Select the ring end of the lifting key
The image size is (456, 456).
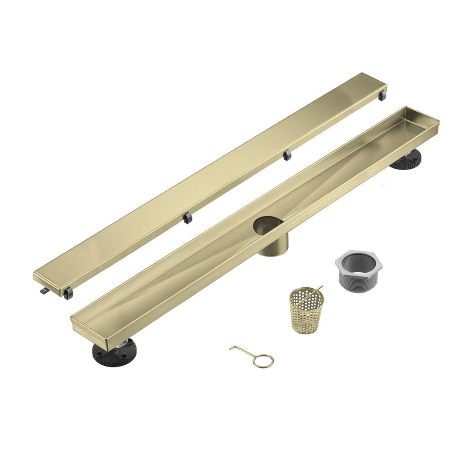click(x=264, y=361)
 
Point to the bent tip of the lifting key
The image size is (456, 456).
click(x=232, y=349)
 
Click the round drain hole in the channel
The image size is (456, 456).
click(x=268, y=226)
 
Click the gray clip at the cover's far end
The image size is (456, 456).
click(x=382, y=95)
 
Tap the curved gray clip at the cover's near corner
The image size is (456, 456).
click(x=68, y=293)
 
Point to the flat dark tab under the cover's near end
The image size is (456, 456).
click(x=43, y=290)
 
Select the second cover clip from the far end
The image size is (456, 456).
click(x=287, y=155)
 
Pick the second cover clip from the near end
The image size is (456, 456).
click(x=187, y=218)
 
